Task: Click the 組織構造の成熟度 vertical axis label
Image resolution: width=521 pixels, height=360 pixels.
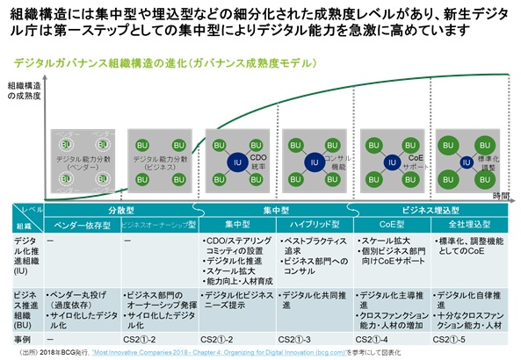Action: coord(24,91)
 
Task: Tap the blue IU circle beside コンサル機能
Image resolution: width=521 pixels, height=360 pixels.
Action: coord(314,161)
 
